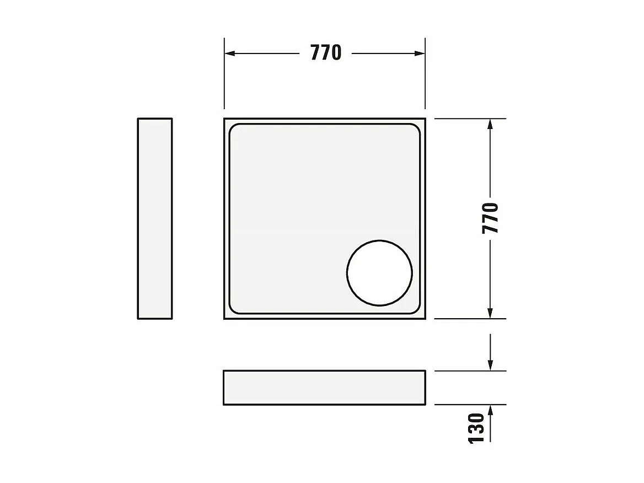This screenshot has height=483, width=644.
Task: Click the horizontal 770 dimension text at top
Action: pyautogui.click(x=326, y=53)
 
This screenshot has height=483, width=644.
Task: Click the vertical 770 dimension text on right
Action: pyautogui.click(x=490, y=218)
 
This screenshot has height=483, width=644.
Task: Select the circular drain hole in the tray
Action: pyautogui.click(x=379, y=273)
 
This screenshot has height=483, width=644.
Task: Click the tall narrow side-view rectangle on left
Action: pyautogui.click(x=155, y=218)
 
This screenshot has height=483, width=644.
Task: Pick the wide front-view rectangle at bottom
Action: pyautogui.click(x=324, y=388)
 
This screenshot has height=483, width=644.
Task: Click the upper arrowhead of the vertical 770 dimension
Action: pyautogui.click(x=490, y=124)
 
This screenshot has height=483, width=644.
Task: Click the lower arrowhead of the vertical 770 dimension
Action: pyautogui.click(x=490, y=313)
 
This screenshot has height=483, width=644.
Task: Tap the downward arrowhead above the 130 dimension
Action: pyautogui.click(x=490, y=365)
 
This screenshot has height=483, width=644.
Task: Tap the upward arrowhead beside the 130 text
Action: pyautogui.click(x=490, y=410)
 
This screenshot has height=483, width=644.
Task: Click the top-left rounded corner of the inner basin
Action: pyautogui.click(x=233, y=128)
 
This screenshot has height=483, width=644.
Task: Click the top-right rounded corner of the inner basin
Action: pyautogui.click(x=416, y=128)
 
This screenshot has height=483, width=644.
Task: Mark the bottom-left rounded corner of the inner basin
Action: pyautogui.click(x=233, y=310)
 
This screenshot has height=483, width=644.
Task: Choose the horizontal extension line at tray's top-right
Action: pyautogui.click(x=469, y=119)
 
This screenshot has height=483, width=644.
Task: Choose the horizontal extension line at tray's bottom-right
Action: pyautogui.click(x=469, y=319)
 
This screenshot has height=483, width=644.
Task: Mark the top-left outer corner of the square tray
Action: pyautogui.click(x=225, y=119)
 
